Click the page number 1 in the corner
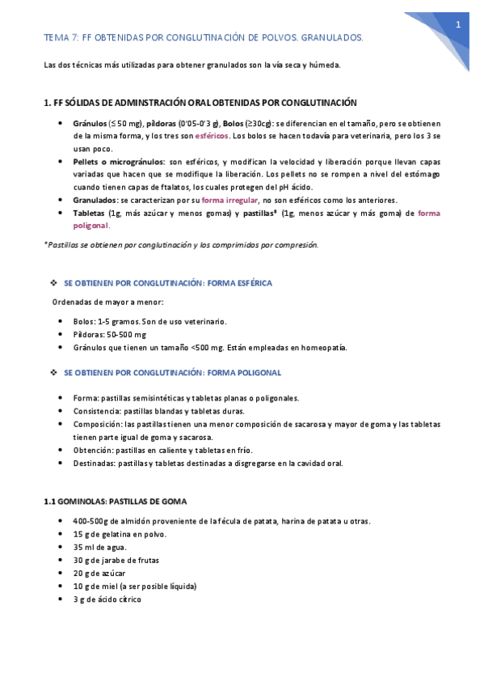(x=457, y=25)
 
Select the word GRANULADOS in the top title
(x=331, y=37)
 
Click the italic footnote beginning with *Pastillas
(x=181, y=244)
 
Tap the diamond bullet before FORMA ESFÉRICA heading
(x=53, y=283)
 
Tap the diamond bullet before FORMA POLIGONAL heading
(x=53, y=373)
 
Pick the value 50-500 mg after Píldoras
(x=124, y=334)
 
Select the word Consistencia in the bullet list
(x=96, y=411)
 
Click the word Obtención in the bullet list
(x=93, y=450)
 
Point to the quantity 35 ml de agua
(x=99, y=547)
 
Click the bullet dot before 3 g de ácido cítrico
(x=62, y=599)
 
